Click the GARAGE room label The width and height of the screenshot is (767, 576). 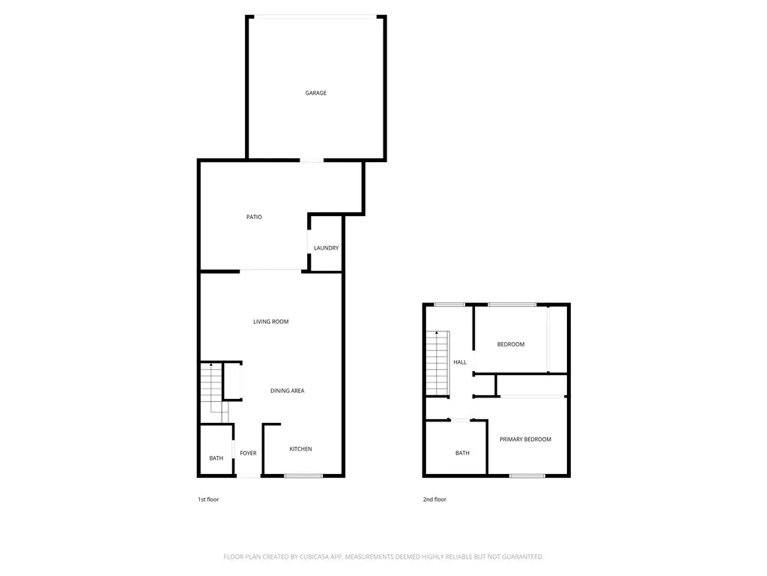pos(315,93)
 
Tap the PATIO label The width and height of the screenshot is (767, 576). pos(254,217)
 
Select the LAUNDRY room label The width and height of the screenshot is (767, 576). pos(326,248)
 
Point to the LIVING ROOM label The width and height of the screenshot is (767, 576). pos(270,322)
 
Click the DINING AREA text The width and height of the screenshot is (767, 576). pos(287,391)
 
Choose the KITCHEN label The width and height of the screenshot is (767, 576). pos(300,449)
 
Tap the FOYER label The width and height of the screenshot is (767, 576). pos(248,453)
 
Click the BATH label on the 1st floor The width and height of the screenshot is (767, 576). pos(216,458)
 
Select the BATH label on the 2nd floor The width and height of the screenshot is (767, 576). pos(462,453)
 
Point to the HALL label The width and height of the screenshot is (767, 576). pos(460,362)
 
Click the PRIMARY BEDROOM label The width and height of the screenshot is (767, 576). pos(525,439)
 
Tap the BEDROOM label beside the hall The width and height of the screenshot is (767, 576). pos(511,344)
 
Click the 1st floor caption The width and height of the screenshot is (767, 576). pos(208,499)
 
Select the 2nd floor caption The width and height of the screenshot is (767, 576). pos(434,499)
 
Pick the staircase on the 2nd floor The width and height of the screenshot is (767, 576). pos(437,363)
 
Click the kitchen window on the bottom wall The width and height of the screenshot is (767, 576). pos(303,475)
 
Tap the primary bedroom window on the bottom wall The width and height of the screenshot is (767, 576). pos(527,475)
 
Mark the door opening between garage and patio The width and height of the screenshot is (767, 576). pos(312,160)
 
